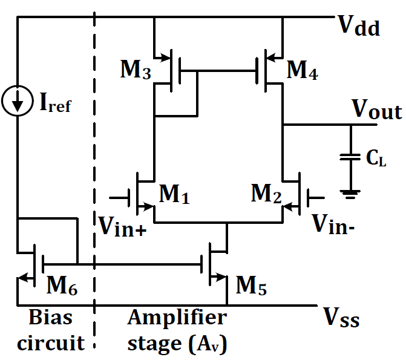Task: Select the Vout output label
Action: click(377, 112)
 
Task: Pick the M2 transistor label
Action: click(267, 194)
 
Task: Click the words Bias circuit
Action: click(51, 330)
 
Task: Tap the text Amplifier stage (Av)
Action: click(177, 330)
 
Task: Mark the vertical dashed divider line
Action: click(95, 182)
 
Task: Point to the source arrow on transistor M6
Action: click(23, 278)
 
